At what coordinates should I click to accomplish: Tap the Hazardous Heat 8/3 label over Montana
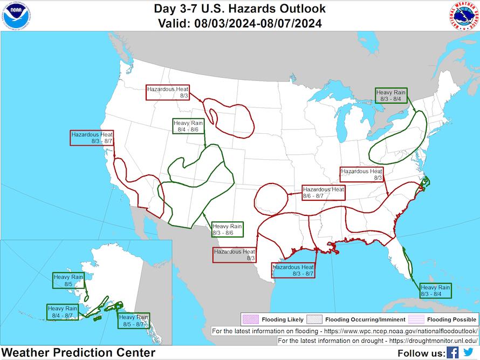click(168, 92)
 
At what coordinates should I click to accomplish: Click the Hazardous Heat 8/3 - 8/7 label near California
click(92, 137)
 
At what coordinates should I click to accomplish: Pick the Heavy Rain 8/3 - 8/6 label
click(227, 229)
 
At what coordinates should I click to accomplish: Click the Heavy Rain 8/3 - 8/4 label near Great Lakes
click(391, 96)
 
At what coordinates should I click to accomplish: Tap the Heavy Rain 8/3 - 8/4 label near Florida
click(435, 290)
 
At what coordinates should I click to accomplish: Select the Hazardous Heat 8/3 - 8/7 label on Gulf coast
click(293, 270)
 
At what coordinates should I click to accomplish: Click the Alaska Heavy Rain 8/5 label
click(68, 280)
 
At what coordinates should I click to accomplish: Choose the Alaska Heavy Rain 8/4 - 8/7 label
click(63, 311)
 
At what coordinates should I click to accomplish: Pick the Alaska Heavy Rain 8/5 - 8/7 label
click(134, 321)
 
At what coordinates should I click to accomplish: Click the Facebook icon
click(452, 352)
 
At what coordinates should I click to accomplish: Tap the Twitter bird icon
click(468, 352)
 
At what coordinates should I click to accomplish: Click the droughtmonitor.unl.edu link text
click(424, 341)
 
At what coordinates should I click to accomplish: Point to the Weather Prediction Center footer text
click(78, 353)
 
